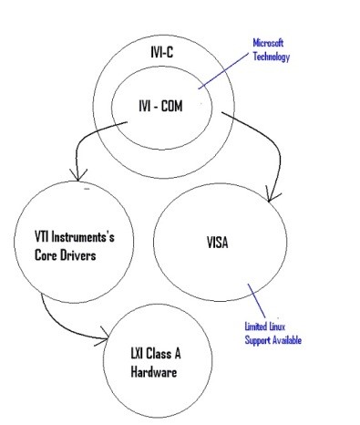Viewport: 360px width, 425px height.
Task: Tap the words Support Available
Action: (273, 340)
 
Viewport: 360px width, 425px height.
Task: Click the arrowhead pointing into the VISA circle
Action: (269, 194)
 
